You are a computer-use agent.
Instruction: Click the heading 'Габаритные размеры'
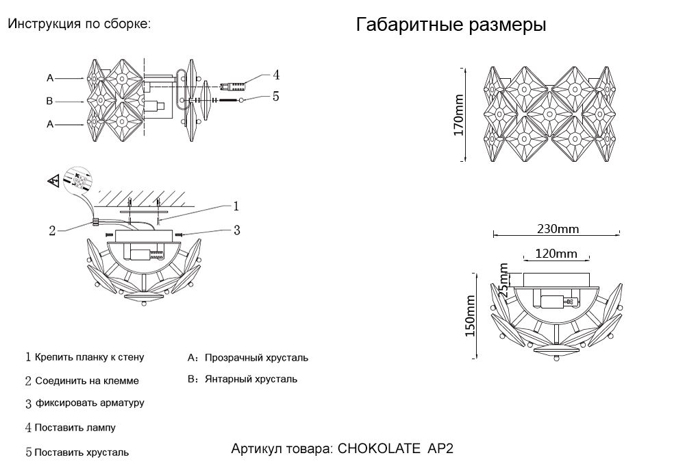pos(451,26)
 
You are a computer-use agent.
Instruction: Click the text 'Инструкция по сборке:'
pos(79,23)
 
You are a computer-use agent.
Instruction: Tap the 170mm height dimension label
pos(459,114)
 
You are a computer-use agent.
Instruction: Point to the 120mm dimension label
pos(556,254)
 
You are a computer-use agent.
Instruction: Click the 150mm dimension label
pos(470,315)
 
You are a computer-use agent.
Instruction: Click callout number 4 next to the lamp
pos(275,75)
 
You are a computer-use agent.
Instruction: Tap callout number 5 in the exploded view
pos(275,97)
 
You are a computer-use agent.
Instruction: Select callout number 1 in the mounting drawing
pos(236,206)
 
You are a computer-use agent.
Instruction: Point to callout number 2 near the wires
pos(52,230)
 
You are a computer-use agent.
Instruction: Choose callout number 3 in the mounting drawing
pos(236,230)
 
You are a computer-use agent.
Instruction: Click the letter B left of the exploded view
pos(49,101)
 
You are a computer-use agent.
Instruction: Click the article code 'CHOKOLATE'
pos(379,449)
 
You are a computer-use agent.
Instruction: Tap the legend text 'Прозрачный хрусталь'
pos(257,358)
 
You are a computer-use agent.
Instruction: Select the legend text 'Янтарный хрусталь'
pos(251,378)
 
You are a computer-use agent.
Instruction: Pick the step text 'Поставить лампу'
pos(75,428)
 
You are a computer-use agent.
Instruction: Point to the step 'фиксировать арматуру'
pos(89,403)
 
